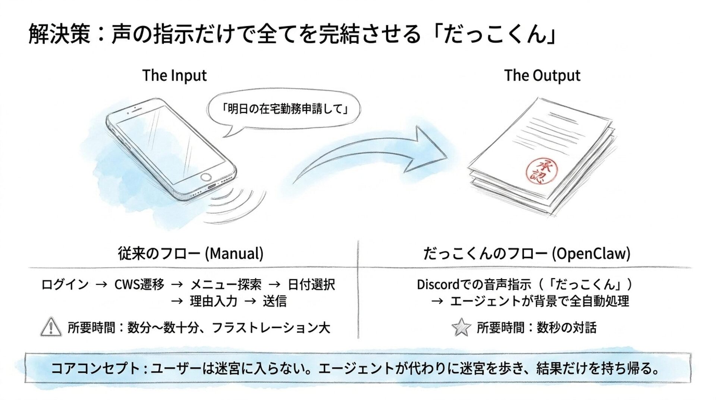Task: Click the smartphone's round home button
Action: click(206, 177)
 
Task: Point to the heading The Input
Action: click(174, 75)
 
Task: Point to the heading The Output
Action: click(542, 75)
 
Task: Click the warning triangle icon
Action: click(51, 327)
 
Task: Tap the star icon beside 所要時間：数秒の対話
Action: click(461, 327)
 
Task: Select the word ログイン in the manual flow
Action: click(65, 285)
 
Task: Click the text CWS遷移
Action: click(139, 285)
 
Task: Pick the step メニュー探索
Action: click(226, 285)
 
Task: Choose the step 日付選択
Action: click(311, 285)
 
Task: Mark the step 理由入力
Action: click(213, 301)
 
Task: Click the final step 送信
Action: click(274, 301)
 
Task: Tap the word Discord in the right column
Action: click(438, 285)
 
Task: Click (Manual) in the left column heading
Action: click(234, 254)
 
